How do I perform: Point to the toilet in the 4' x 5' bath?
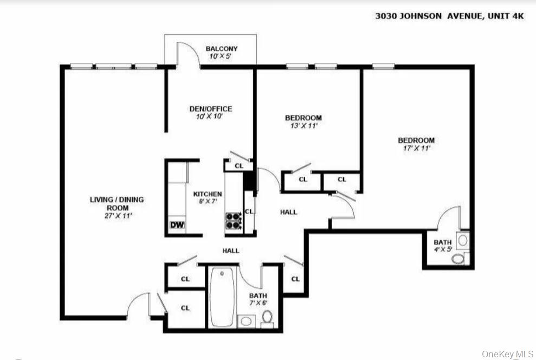458,259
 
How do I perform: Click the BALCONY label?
221,49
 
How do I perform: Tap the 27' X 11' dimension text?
117,215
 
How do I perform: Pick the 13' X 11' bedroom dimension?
303,125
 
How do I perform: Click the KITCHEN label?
208,194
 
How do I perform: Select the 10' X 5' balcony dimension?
221,56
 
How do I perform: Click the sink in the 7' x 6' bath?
246,321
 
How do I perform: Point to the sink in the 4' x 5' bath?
463,239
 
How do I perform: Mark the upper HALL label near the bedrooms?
288,212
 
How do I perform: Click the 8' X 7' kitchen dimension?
208,201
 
